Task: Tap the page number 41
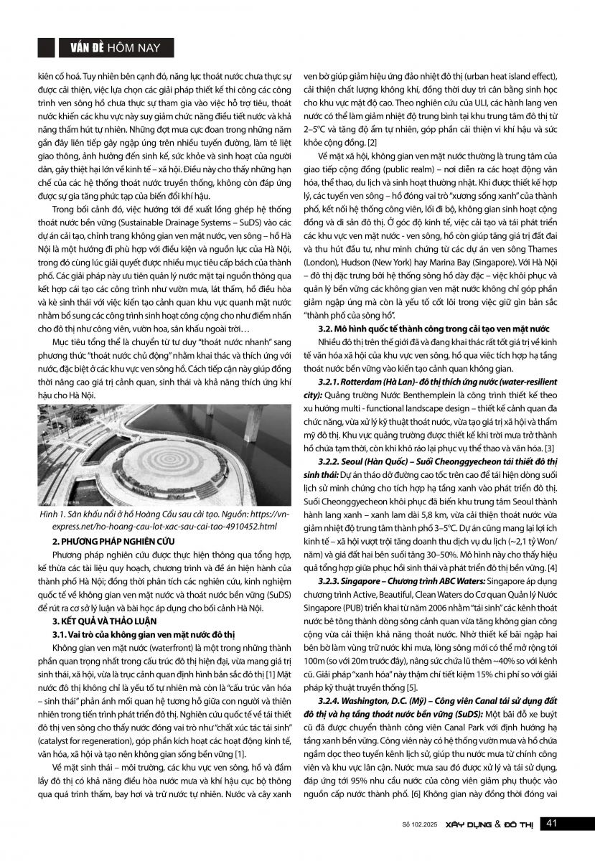[553, 823]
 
